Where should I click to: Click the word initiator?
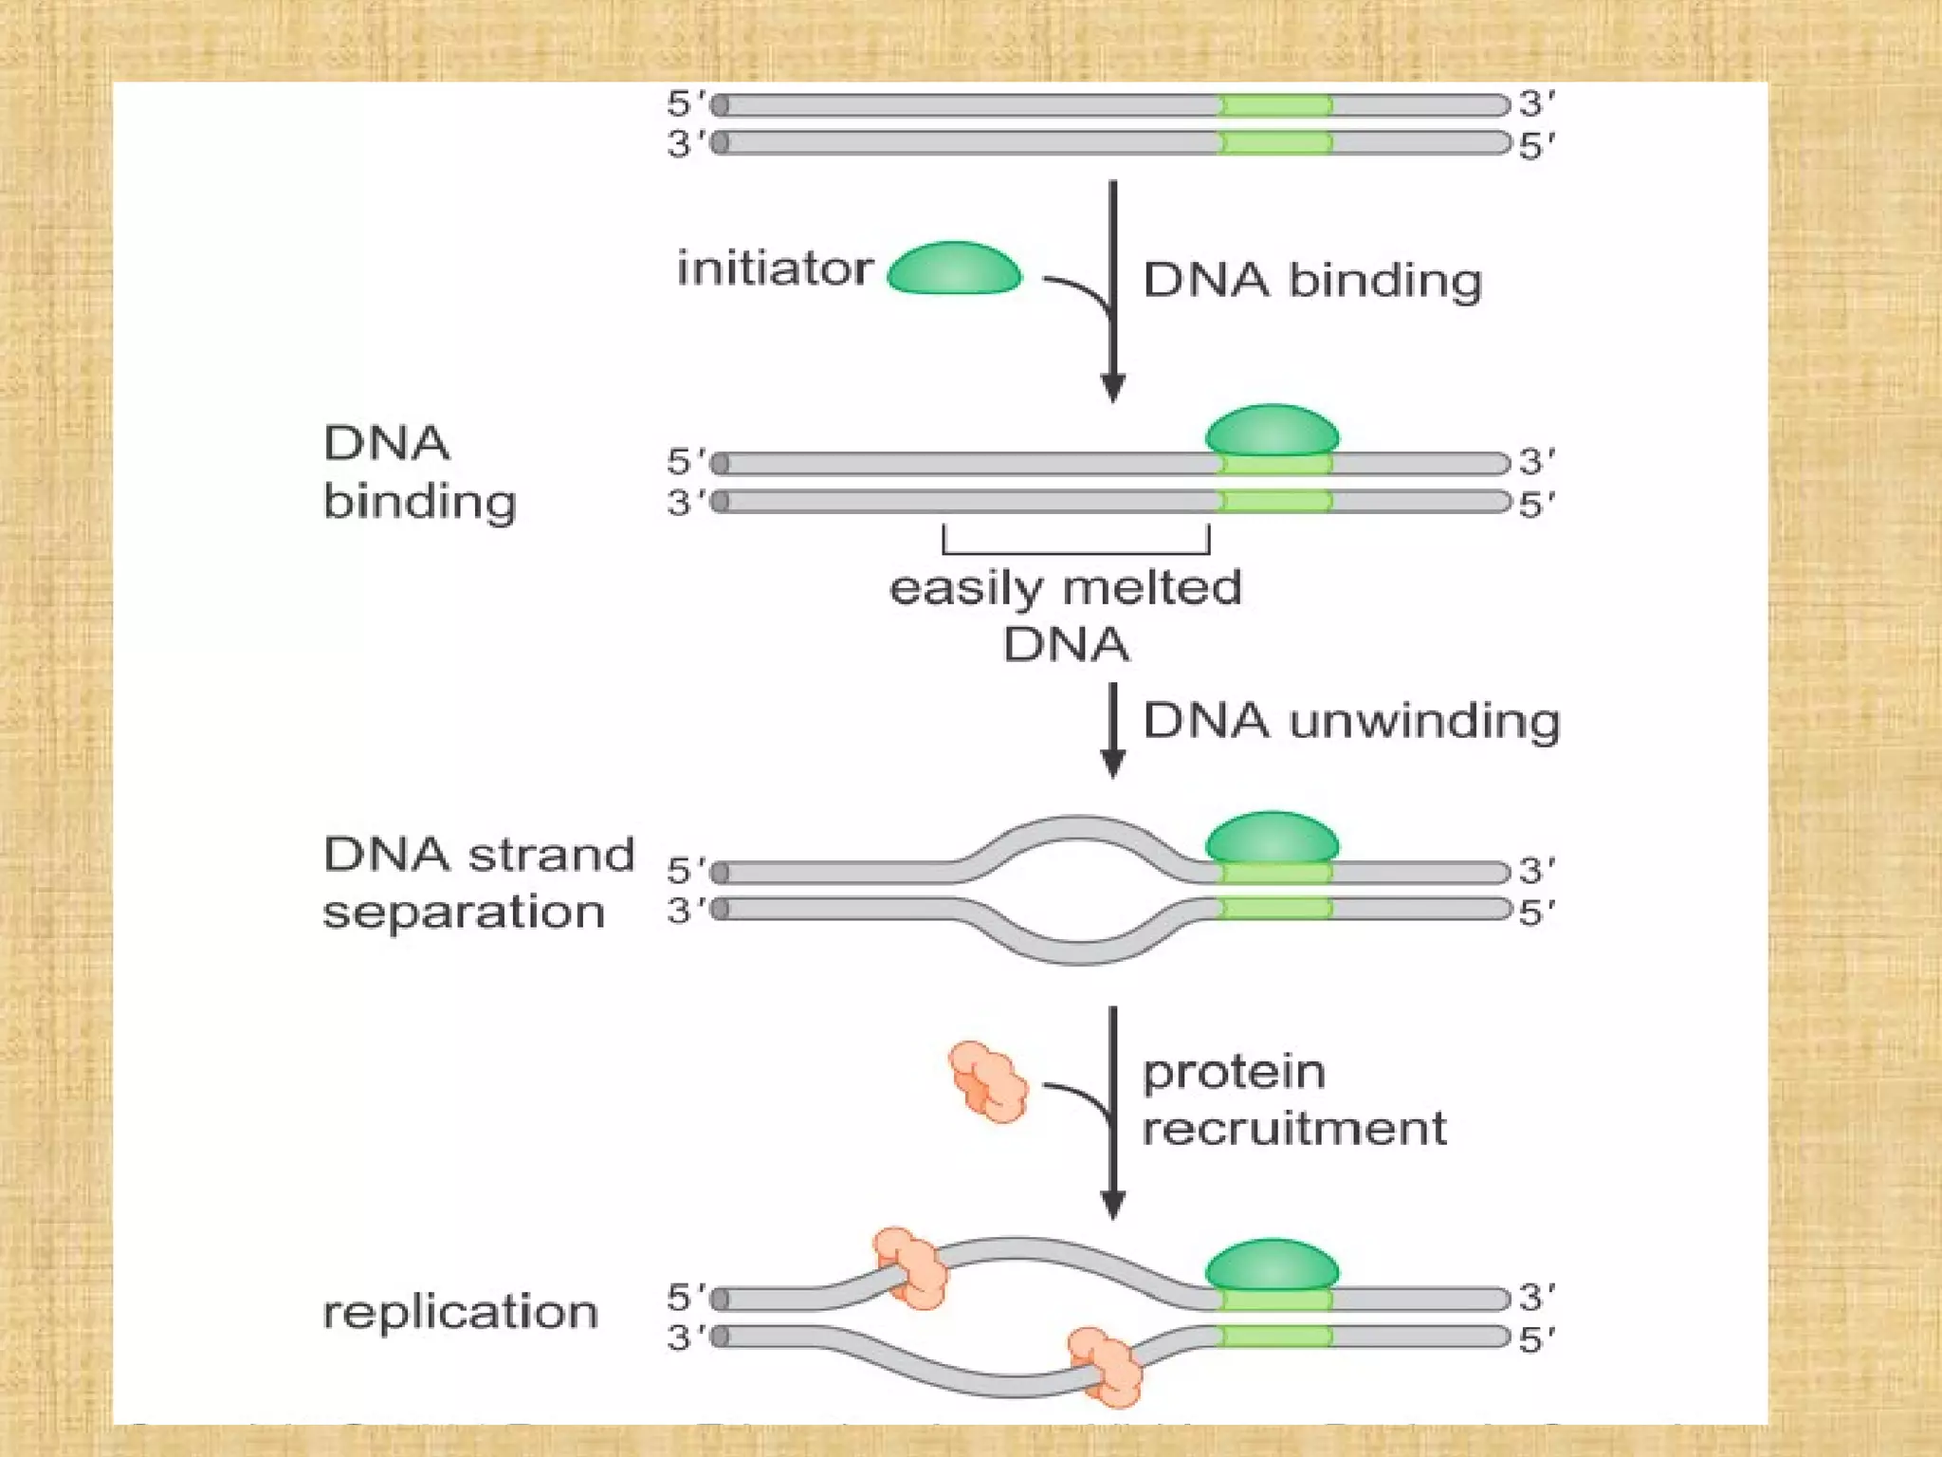pyautogui.click(x=774, y=268)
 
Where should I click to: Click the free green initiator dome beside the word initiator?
pyautogui.click(x=954, y=268)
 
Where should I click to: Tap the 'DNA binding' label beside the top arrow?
pyautogui.click(x=1311, y=281)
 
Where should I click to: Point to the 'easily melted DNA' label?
pyautogui.click(x=1065, y=615)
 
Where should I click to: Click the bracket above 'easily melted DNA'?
pyautogui.click(x=1075, y=550)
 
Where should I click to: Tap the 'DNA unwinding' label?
pyautogui.click(x=1350, y=721)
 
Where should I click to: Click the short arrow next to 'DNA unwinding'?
pyautogui.click(x=1112, y=730)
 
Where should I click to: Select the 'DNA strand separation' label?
pyautogui.click(x=477, y=882)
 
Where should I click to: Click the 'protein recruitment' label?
pyautogui.click(x=1293, y=1100)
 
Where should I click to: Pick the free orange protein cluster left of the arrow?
pyautogui.click(x=988, y=1081)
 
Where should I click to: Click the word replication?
pyautogui.click(x=460, y=1313)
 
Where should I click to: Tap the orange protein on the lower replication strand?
pyautogui.click(x=1106, y=1367)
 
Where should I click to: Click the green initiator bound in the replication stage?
pyautogui.click(x=1272, y=1264)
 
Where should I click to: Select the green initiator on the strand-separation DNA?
pyautogui.click(x=1272, y=838)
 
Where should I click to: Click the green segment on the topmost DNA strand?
pyautogui.click(x=1275, y=104)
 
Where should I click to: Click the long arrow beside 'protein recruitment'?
pyautogui.click(x=1112, y=1110)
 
